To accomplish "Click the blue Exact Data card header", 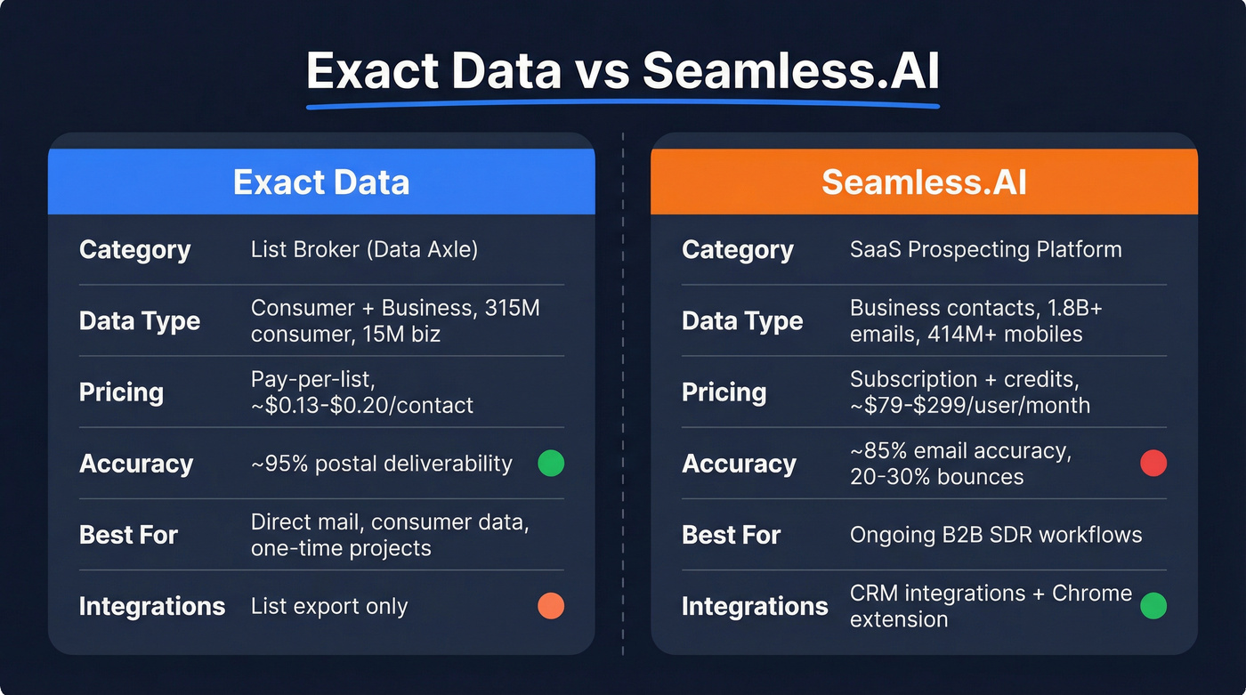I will (x=321, y=182).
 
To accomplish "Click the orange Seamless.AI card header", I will (x=924, y=182).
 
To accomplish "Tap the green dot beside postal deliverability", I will (x=551, y=463).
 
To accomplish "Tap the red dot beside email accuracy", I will (x=1153, y=463).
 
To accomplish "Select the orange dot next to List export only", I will (x=551, y=606).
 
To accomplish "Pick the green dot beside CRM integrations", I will (x=1153, y=606).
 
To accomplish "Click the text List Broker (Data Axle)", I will (x=364, y=249).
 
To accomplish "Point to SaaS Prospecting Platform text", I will (x=985, y=249).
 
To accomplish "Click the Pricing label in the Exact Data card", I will (x=121, y=392).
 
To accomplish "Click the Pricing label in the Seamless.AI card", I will (x=724, y=392).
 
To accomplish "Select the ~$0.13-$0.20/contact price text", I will (x=362, y=406).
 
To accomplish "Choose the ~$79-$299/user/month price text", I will (x=970, y=406).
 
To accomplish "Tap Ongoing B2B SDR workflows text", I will (x=996, y=535).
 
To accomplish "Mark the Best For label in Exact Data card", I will (x=128, y=535).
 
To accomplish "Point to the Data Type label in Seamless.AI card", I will (x=742, y=321).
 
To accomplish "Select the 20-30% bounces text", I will (x=936, y=477).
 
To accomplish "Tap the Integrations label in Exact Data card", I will (x=152, y=606).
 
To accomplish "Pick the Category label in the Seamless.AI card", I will (x=737, y=249).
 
